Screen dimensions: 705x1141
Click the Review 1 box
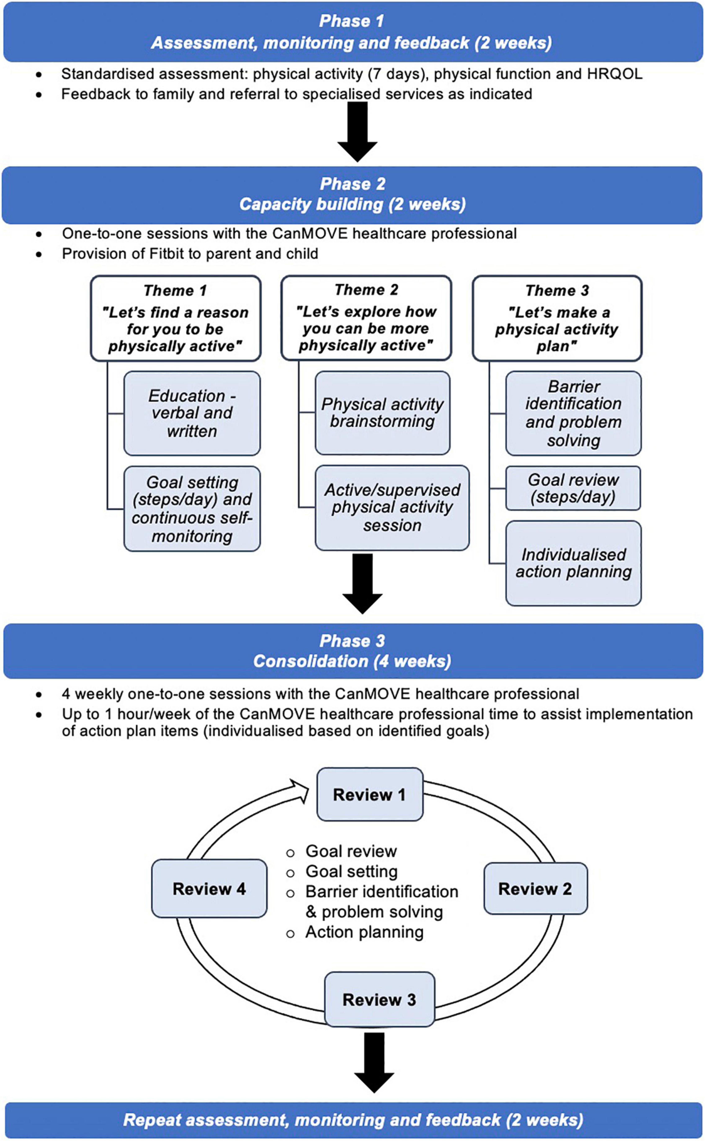coord(370,794)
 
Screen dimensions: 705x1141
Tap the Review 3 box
coord(379,1000)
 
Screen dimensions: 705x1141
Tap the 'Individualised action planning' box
coord(574,563)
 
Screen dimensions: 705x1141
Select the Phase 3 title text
coord(353,641)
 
